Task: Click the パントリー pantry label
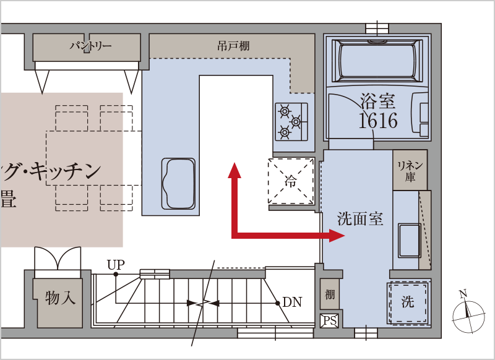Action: [x=90, y=46]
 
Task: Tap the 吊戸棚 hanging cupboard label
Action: [x=233, y=46]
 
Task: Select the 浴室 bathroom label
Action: [x=377, y=101]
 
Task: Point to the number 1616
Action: [x=378, y=121]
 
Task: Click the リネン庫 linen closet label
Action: [x=410, y=171]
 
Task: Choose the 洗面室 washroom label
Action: [x=360, y=218]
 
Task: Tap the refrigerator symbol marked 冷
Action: [x=291, y=181]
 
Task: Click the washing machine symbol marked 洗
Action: [x=408, y=302]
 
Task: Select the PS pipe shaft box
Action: [x=329, y=321]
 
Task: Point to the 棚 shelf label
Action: [x=330, y=294]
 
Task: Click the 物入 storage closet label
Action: [x=60, y=298]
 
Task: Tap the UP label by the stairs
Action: [x=116, y=265]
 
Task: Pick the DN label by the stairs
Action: [x=292, y=302]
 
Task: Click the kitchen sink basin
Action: [x=178, y=184]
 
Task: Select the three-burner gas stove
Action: [x=291, y=121]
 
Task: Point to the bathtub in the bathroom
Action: [x=377, y=59]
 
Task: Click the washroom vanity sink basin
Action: [x=409, y=240]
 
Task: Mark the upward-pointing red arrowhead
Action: [x=235, y=170]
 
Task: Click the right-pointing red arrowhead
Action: [x=337, y=236]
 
